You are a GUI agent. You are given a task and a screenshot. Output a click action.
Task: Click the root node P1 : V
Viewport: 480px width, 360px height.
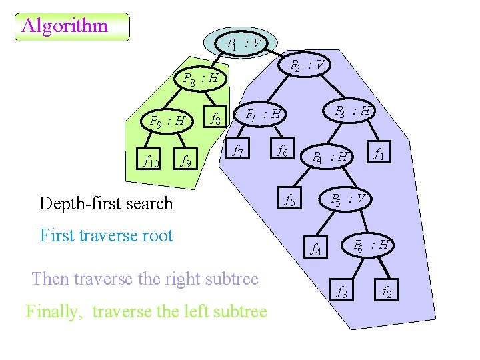244,44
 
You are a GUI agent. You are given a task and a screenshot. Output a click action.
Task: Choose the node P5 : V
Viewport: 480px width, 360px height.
347,199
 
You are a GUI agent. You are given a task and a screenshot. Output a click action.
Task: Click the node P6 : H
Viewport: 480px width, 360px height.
371,245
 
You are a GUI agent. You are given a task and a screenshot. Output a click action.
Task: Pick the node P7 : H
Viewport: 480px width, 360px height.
263,115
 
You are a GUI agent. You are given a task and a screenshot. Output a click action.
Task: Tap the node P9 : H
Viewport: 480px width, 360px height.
167,121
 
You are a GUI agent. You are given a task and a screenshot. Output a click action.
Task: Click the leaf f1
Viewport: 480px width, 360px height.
378,155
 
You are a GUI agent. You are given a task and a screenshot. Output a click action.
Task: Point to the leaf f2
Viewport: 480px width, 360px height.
386,291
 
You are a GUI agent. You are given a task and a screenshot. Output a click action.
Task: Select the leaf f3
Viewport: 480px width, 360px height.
341,291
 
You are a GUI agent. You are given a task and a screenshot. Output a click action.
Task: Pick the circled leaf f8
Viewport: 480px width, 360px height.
215,120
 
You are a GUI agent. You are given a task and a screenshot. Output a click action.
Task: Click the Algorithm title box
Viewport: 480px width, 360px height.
72,27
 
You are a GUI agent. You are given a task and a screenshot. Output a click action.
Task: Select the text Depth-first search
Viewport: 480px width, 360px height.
106,203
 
